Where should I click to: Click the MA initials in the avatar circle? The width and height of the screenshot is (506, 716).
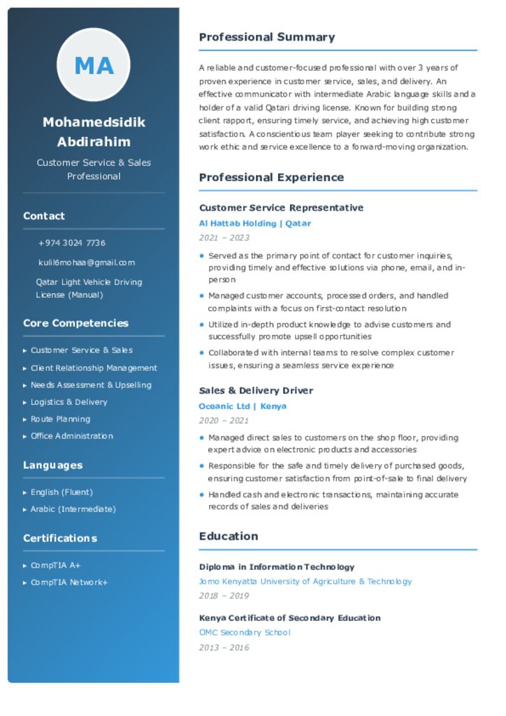click(x=94, y=66)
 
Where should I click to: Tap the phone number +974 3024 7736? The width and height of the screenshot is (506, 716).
click(x=72, y=243)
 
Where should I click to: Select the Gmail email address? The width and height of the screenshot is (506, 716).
click(x=87, y=263)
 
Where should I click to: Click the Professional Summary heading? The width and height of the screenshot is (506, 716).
click(x=267, y=37)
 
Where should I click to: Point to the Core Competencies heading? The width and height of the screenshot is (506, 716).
click(x=75, y=323)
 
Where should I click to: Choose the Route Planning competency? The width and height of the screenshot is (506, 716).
click(x=60, y=420)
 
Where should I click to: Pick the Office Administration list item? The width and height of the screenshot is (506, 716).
click(x=71, y=436)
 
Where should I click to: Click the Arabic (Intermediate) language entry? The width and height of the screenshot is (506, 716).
click(x=73, y=509)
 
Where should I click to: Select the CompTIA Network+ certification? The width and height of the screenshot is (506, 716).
click(x=68, y=582)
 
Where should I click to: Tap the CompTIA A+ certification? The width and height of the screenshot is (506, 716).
click(x=55, y=566)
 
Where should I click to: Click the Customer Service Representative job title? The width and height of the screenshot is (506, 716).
click(x=281, y=208)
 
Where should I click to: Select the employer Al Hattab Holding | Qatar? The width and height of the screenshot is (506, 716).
click(x=254, y=224)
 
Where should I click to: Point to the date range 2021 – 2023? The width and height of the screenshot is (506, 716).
click(x=224, y=238)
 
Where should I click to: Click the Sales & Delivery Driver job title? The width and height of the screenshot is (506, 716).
click(x=256, y=391)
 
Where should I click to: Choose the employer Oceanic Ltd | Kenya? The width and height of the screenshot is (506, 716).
click(x=243, y=406)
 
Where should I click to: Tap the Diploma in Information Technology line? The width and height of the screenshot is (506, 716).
click(x=277, y=567)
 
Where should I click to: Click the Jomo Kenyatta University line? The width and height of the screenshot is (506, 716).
click(x=305, y=582)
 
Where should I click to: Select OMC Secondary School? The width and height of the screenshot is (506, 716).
click(x=245, y=633)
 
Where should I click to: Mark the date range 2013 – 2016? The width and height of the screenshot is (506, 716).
click(x=224, y=648)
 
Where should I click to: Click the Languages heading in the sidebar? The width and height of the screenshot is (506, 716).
click(x=52, y=465)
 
